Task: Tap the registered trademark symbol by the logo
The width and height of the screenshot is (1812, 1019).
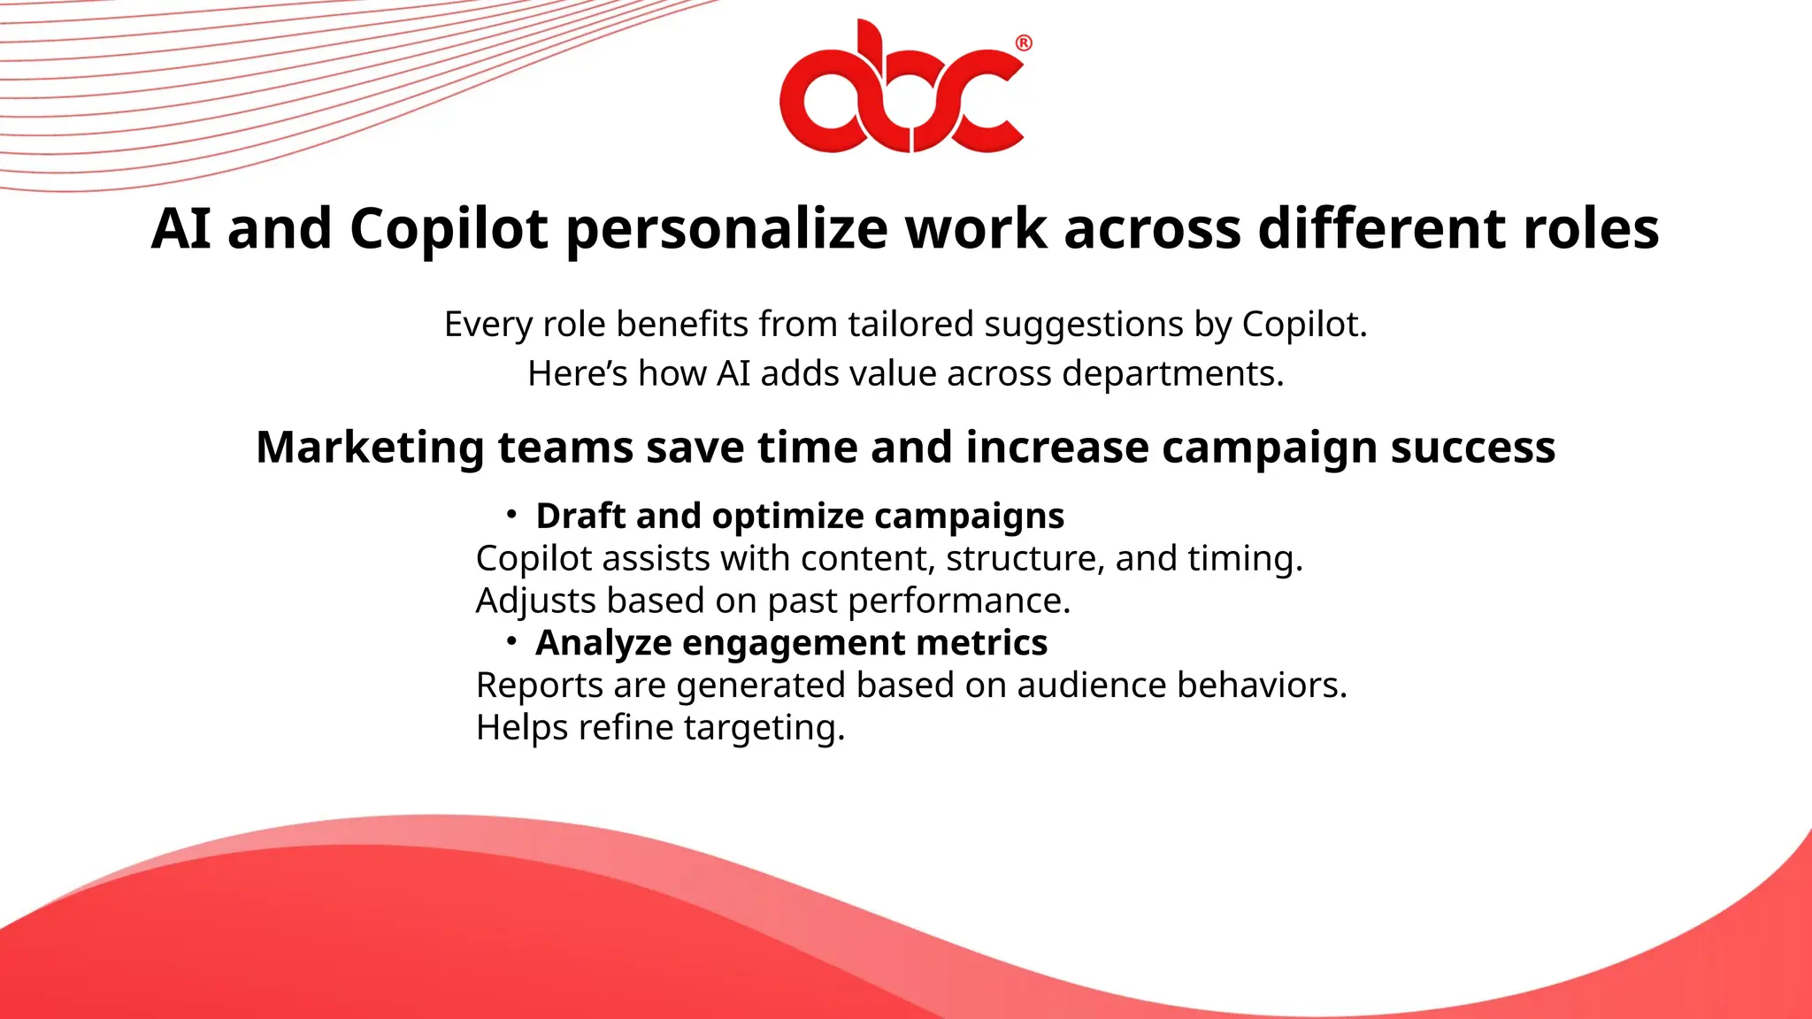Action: pos(1023,42)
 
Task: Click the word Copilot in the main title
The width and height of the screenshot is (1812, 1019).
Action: pos(449,228)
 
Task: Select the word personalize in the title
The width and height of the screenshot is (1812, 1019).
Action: pos(726,228)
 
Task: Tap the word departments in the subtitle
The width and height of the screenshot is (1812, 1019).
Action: pos(1171,374)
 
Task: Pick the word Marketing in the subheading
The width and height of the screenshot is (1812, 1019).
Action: pos(370,447)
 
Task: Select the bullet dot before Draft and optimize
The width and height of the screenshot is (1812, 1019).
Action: pos(511,514)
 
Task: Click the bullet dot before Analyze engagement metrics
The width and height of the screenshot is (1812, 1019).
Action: pos(511,641)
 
